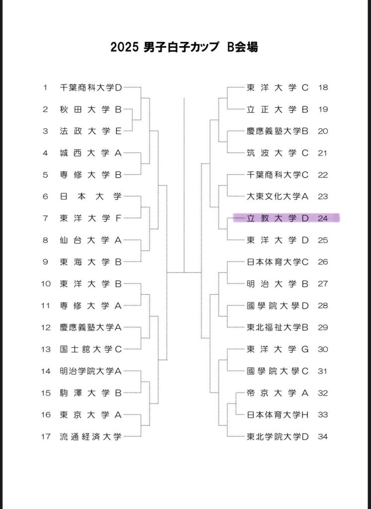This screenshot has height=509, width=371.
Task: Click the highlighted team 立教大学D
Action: (278, 218)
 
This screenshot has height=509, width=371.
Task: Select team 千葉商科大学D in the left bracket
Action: (91, 87)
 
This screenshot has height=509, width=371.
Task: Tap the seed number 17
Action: (46, 436)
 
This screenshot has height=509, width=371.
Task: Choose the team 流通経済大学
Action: (91, 436)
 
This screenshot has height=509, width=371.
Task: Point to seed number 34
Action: (323, 436)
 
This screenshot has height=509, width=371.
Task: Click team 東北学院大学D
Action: (278, 436)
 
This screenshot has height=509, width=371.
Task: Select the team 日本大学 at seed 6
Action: (91, 196)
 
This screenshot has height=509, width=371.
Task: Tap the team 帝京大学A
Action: (278, 393)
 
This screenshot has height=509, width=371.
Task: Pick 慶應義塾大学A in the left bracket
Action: (91, 328)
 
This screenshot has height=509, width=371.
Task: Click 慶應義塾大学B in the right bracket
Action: (278, 131)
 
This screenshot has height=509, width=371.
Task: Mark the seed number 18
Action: (323, 87)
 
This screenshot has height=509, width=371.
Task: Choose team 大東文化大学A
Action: (278, 196)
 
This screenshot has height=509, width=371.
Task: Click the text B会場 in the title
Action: (242, 47)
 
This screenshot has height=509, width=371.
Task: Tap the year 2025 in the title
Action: (124, 47)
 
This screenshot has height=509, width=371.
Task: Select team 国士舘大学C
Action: (91, 349)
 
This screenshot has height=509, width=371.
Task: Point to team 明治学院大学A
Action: (91, 371)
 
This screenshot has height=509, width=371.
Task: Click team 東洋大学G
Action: (278, 349)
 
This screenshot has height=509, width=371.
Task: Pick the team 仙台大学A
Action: (91, 240)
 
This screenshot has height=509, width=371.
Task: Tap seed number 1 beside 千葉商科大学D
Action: (45, 87)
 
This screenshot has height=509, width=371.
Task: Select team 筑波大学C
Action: (278, 153)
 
